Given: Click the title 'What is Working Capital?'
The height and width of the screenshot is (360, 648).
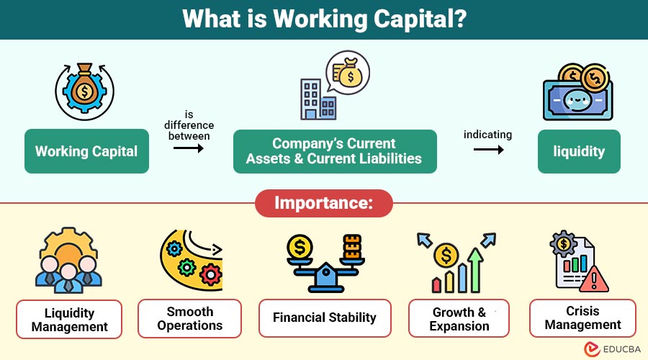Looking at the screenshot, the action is tap(325, 19).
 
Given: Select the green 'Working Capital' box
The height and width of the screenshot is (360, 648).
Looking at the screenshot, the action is tap(87, 151).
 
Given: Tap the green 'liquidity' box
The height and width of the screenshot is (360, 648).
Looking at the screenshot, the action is tap(579, 151).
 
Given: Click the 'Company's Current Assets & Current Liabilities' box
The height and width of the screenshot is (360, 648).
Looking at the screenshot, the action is tap(335, 151).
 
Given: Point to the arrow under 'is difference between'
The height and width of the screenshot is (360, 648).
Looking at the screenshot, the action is tap(189, 148).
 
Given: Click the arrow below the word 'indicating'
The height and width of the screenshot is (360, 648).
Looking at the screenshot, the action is tap(488, 149).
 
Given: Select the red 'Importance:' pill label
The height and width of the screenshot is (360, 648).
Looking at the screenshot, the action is tap(324, 203).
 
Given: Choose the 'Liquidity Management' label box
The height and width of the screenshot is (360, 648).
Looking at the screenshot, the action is tap(69, 320).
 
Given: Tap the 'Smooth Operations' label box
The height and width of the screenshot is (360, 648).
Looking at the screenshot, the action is tap(189, 319).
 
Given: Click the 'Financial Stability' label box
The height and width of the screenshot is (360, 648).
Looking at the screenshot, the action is tap(325, 318).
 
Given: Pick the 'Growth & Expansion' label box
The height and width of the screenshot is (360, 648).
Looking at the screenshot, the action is tap(459, 319).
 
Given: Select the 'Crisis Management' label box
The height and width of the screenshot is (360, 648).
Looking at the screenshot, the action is tap(582, 318).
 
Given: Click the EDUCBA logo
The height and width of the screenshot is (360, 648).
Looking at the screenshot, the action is tap(612, 349).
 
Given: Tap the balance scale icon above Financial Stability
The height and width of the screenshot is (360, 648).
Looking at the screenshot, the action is tap(325, 264).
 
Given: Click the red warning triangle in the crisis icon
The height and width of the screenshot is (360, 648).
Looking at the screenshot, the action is tap(594, 279).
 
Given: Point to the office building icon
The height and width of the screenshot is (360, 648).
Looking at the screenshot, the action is tap(318, 99).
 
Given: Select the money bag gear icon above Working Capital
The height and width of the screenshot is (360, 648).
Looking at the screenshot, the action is tap(85, 91).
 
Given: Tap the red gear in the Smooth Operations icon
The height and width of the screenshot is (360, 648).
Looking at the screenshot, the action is tap(211, 274).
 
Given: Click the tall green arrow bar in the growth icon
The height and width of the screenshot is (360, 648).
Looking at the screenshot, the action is tap(476, 270).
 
